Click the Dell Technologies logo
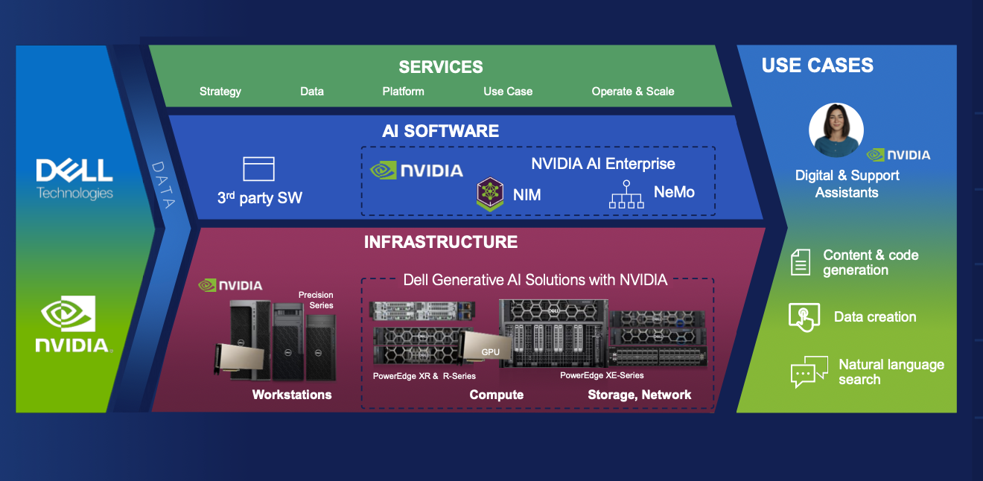(74, 179)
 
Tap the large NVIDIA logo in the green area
(74, 324)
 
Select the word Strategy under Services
(220, 92)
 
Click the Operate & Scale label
(633, 92)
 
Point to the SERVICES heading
(441, 67)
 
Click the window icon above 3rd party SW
(258, 169)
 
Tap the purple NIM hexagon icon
(491, 194)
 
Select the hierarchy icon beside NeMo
(626, 194)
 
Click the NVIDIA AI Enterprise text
(603, 164)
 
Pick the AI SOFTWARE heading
(441, 131)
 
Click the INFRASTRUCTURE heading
(441, 242)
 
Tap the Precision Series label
(316, 300)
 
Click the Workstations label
(292, 395)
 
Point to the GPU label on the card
(491, 351)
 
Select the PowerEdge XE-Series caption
(602, 375)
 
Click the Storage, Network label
(640, 395)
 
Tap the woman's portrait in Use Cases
(836, 130)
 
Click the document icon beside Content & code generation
(801, 262)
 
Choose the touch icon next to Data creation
(804, 317)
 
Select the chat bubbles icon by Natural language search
(809, 372)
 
